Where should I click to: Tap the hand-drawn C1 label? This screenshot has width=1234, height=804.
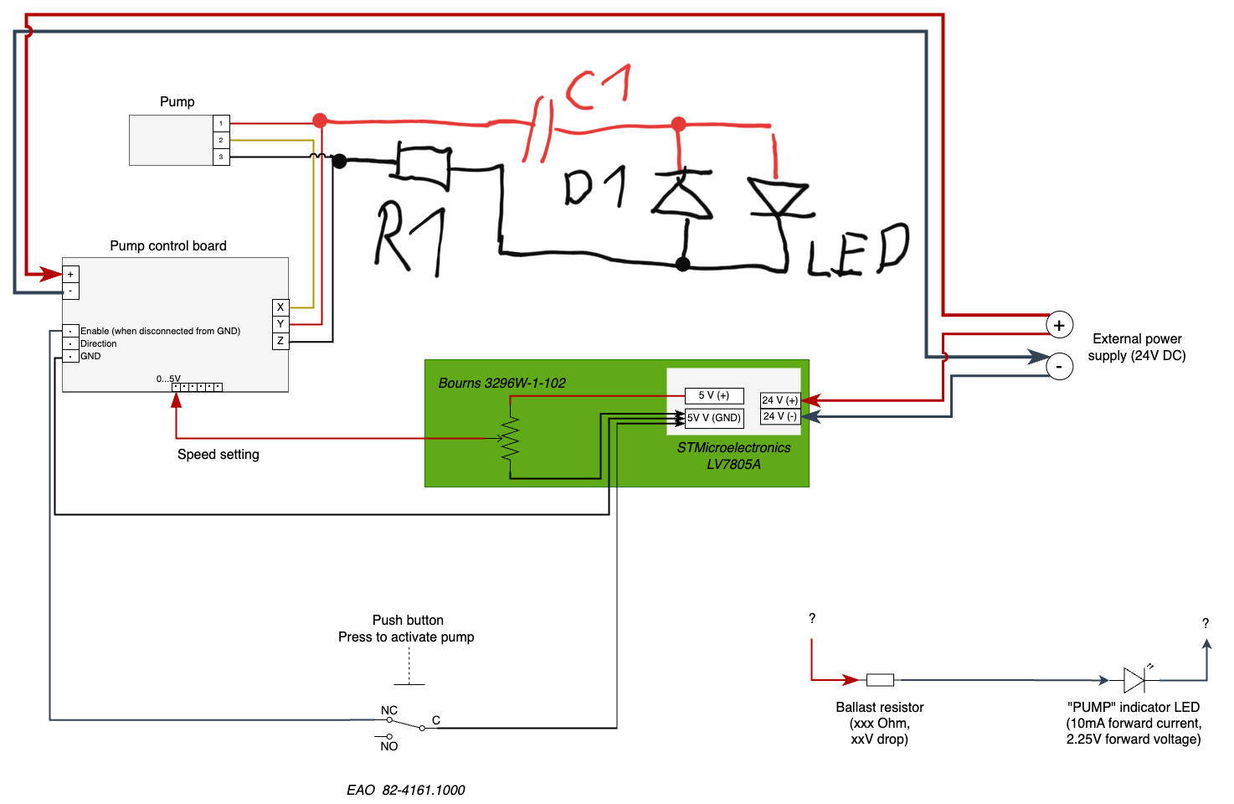[598, 87]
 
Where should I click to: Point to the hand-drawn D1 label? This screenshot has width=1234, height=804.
[594, 187]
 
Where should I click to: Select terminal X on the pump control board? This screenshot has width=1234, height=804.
[280, 307]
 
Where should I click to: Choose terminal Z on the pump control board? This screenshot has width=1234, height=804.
[280, 341]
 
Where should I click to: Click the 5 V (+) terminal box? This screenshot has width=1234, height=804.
[714, 395]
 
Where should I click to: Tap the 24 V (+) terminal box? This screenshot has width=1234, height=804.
[779, 400]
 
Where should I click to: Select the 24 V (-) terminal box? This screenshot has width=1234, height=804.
[779, 416]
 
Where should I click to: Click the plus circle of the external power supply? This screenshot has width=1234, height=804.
[1059, 325]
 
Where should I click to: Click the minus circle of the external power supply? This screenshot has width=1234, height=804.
[1059, 366]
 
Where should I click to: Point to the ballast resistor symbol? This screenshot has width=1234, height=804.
[880, 680]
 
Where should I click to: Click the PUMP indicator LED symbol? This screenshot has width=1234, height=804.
[1134, 679]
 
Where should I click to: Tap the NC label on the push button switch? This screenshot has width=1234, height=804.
[389, 710]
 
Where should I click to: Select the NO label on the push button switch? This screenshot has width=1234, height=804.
[389, 746]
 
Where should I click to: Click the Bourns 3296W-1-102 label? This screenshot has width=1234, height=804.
[501, 383]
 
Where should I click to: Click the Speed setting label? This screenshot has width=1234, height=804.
[219, 454]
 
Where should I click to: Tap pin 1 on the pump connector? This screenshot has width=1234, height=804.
[221, 123]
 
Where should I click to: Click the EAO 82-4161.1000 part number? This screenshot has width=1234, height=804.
[406, 790]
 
